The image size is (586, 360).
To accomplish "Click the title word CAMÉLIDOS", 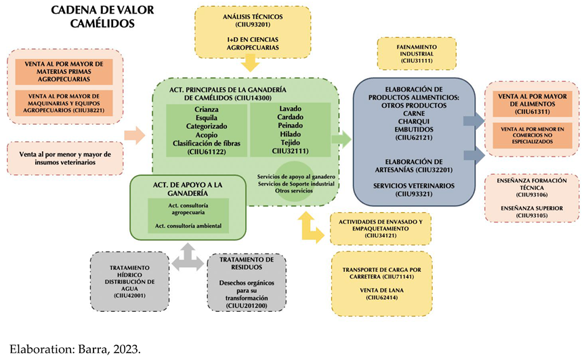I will click(x=103, y=24).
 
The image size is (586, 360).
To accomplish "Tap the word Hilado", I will click(x=290, y=135).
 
